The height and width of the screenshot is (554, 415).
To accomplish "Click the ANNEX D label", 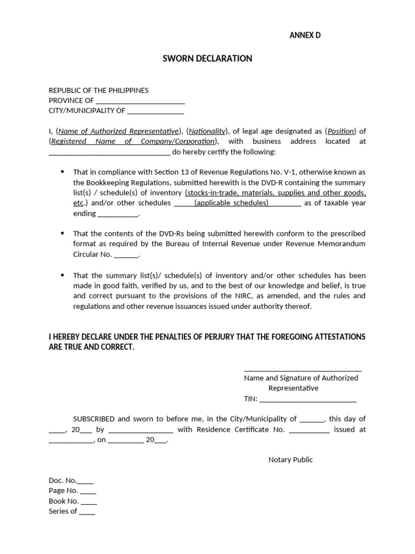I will click(x=305, y=36).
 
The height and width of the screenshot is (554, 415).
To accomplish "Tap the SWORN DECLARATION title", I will click(x=207, y=58).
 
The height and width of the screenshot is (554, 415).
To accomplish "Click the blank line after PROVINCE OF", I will click(x=140, y=101).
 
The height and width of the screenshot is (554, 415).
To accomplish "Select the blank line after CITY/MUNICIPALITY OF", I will click(x=156, y=111).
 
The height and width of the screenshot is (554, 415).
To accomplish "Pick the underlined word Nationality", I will click(x=207, y=131).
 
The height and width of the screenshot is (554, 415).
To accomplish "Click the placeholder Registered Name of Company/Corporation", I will click(x=133, y=141).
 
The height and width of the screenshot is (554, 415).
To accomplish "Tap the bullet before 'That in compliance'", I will click(x=62, y=172).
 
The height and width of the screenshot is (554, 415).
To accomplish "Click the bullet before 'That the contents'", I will click(x=62, y=233).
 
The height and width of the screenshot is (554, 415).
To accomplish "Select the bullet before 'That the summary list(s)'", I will click(x=62, y=275).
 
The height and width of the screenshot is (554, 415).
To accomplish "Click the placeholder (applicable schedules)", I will click(x=231, y=203).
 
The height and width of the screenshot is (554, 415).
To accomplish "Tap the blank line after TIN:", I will click(x=308, y=399).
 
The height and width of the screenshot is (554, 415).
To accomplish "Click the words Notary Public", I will click(x=290, y=460).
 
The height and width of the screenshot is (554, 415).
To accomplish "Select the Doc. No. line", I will click(x=71, y=480).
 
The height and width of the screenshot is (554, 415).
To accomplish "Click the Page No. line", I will click(x=72, y=491).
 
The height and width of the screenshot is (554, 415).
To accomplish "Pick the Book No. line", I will click(x=72, y=501).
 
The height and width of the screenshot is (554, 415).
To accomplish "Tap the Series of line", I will click(x=72, y=511).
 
